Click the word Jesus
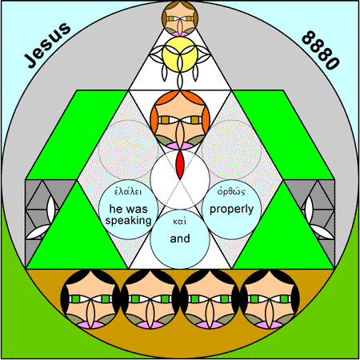[47, 45]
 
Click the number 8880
[321, 50]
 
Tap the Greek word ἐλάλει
[128, 191]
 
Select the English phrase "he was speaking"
[128, 215]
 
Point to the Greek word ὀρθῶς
[231, 191]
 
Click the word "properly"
[231, 210]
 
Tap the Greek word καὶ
[180, 222]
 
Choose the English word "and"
[180, 238]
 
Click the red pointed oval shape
[180, 165]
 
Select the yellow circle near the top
[180, 54]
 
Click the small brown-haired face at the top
[180, 18]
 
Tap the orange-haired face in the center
[180, 120]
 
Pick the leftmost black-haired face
[90, 299]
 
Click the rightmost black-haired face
[270, 299]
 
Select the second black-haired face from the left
[150, 299]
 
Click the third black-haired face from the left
[210, 299]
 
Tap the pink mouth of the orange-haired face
[180, 146]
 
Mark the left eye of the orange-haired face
[166, 120]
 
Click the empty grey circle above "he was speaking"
[128, 150]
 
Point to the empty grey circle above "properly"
[231, 150]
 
